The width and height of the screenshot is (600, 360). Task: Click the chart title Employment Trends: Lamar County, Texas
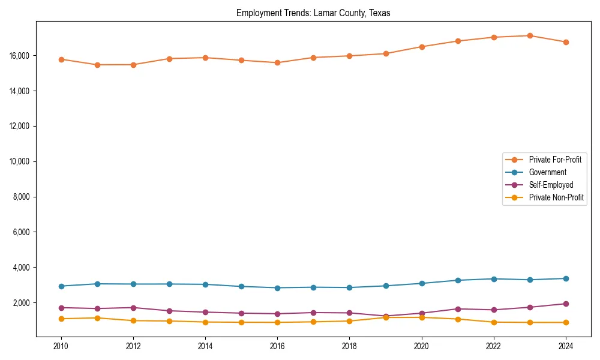[x=313, y=13]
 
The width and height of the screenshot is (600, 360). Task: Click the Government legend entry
[x=547, y=172]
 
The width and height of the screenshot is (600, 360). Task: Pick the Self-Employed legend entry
[x=551, y=185]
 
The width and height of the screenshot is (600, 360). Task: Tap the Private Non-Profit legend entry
[x=556, y=197]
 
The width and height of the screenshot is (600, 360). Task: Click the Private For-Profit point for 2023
[x=530, y=36]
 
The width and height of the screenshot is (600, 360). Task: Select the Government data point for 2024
[x=566, y=278]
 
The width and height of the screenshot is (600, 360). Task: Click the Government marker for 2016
[x=277, y=288]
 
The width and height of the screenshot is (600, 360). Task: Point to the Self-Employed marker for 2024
[x=566, y=304]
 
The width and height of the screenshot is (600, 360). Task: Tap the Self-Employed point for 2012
[x=133, y=308]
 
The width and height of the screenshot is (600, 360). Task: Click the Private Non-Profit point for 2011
[x=97, y=318]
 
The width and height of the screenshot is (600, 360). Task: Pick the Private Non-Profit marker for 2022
[x=494, y=322]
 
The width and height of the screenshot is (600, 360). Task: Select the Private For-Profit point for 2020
[x=422, y=47]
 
